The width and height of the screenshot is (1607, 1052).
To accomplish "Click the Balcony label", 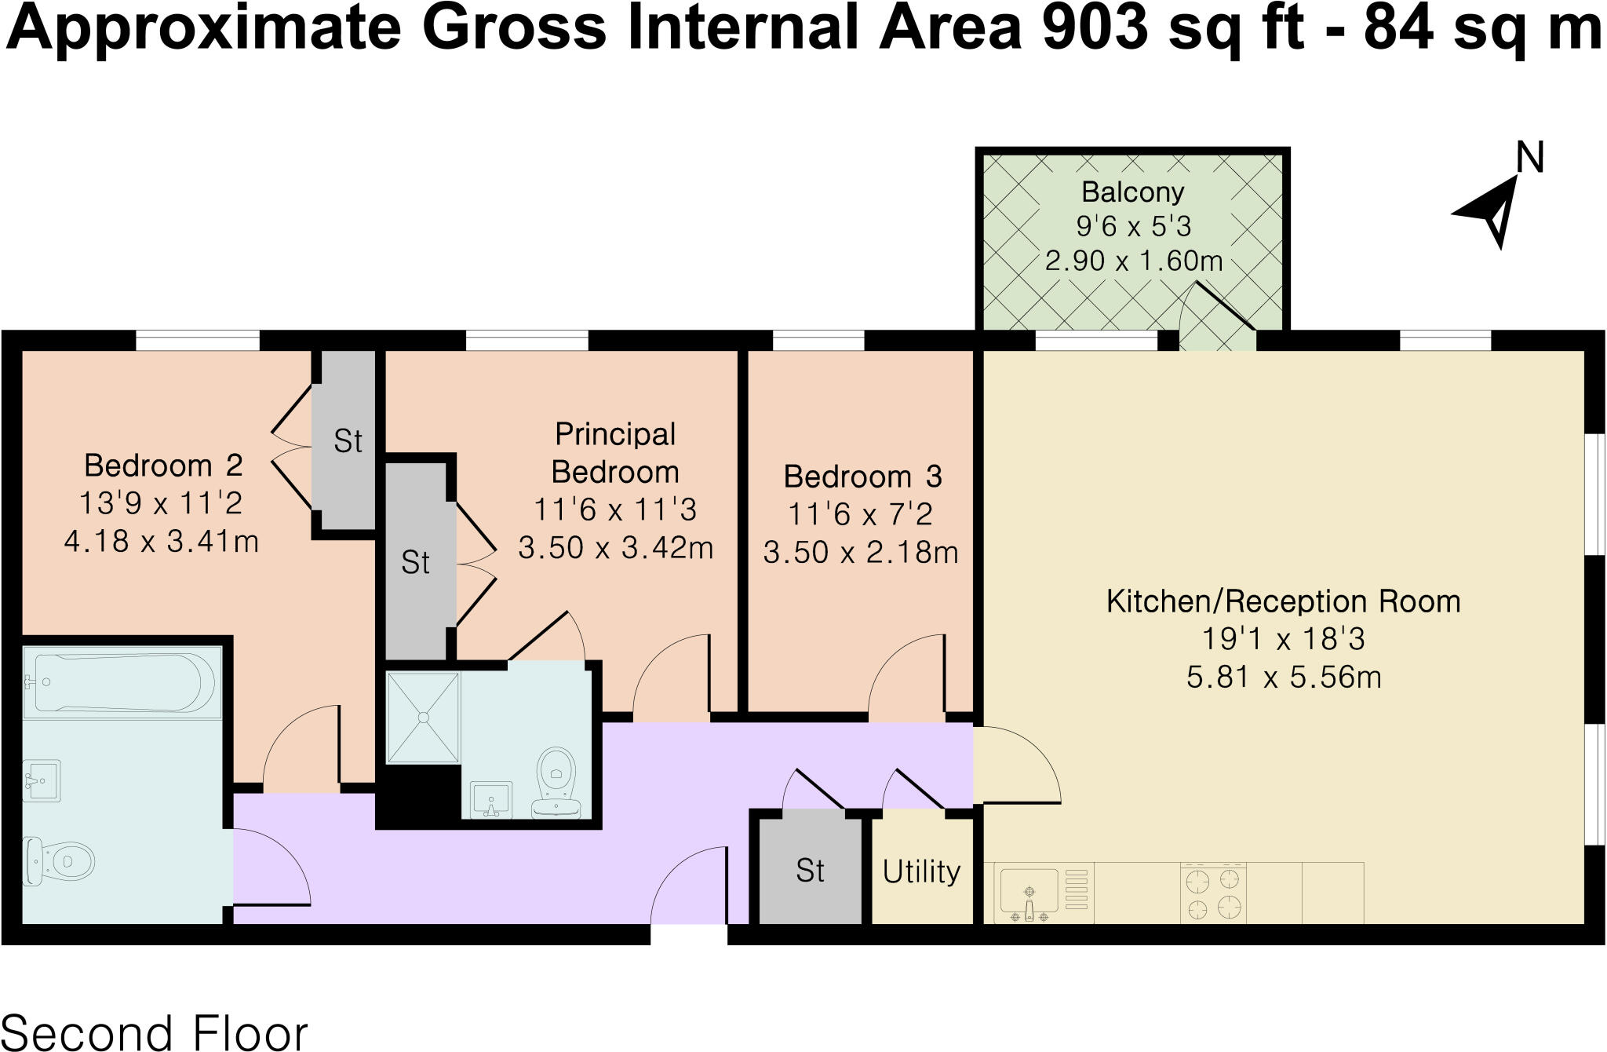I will tap(1132, 192).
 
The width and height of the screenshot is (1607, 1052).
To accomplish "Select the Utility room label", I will tap(921, 871).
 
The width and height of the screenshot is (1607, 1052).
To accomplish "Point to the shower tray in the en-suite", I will tap(423, 717).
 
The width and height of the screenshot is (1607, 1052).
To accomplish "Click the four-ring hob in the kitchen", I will tap(1213, 893).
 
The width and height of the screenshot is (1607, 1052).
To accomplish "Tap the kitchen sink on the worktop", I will tap(1029, 893).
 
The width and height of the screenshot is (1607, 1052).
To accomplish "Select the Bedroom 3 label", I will tap(862, 477).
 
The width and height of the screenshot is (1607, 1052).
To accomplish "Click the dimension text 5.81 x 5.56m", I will tap(1284, 676).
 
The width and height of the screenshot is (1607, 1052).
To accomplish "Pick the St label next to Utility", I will tap(810, 871).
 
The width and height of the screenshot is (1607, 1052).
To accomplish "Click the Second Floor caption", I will tap(155, 1033).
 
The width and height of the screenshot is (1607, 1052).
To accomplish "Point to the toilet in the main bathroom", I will tap(59, 862).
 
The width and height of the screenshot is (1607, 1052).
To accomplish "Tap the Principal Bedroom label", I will tap(614, 453).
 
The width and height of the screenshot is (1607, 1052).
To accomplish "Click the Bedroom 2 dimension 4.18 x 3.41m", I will tap(162, 541).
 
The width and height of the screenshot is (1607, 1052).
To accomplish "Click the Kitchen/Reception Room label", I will tap(1283, 601).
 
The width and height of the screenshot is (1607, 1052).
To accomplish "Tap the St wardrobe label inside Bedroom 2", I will tap(348, 441).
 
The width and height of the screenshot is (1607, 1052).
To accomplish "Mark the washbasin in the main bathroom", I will tap(42, 780).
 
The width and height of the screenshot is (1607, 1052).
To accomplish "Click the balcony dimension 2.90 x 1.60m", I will tap(1133, 260).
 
